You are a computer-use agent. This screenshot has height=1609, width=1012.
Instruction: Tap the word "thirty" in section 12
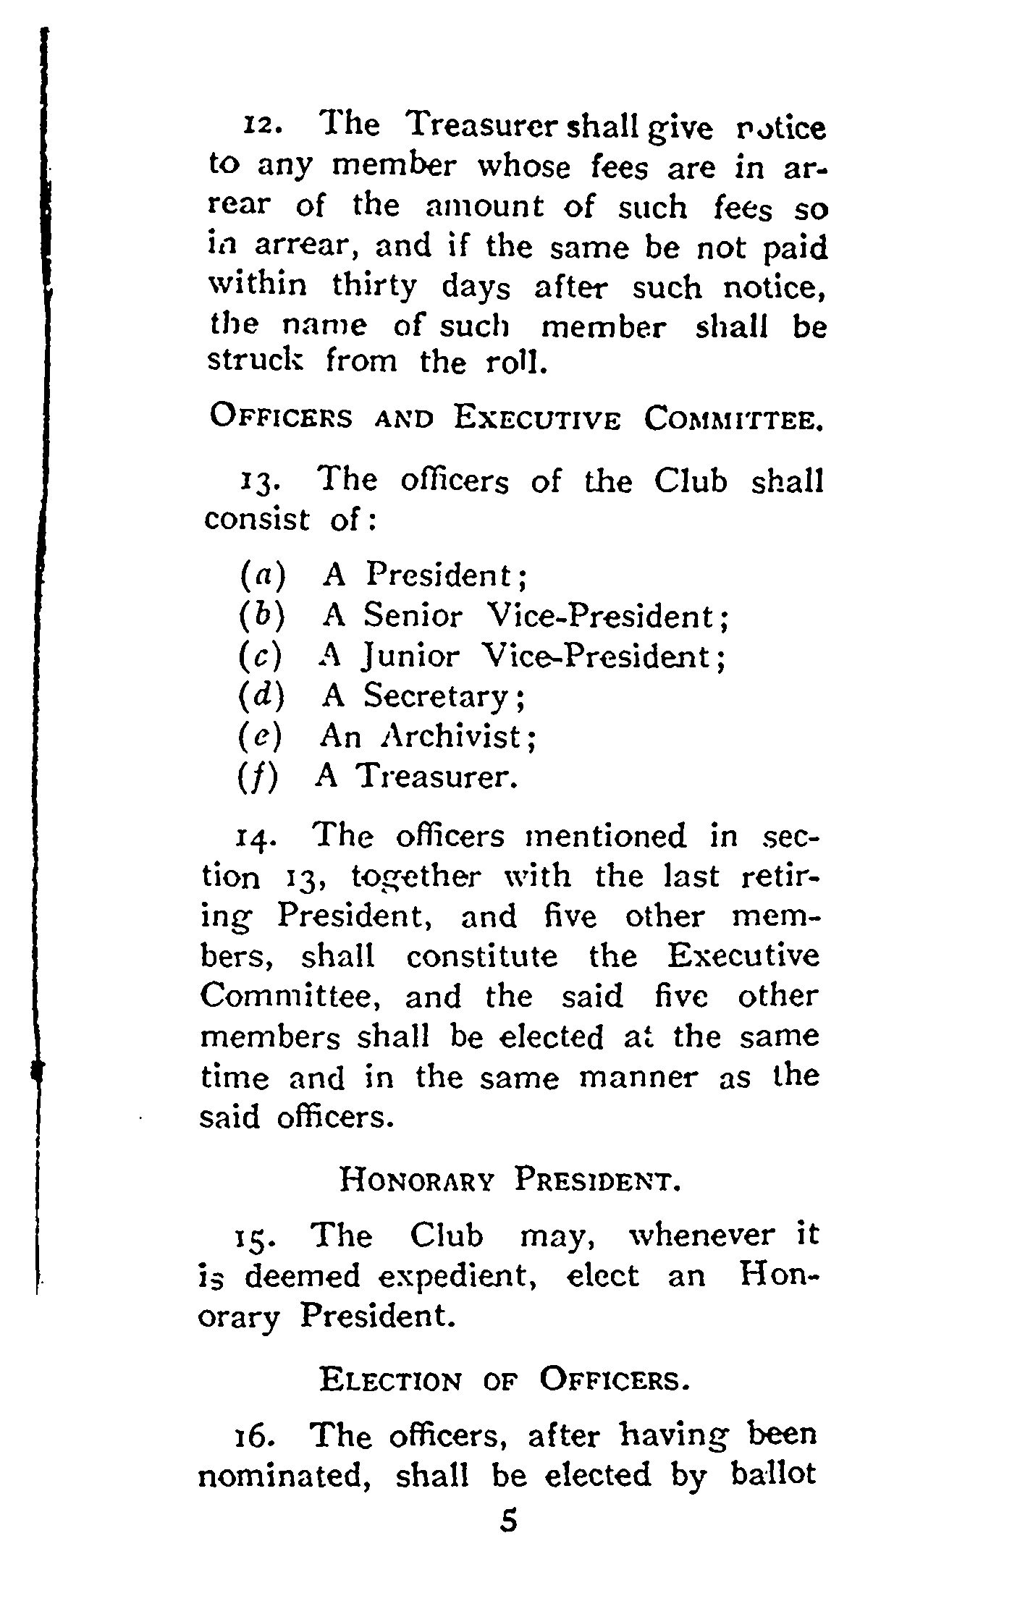tap(374, 287)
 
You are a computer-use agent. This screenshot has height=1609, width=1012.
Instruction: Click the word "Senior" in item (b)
tap(412, 616)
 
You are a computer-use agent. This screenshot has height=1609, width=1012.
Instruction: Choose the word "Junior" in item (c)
tap(410, 656)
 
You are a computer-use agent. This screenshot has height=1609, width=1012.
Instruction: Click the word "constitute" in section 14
tap(481, 957)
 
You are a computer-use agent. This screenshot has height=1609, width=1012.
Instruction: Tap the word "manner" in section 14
tap(638, 1078)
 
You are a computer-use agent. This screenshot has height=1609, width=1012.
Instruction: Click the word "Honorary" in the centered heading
tap(417, 1182)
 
